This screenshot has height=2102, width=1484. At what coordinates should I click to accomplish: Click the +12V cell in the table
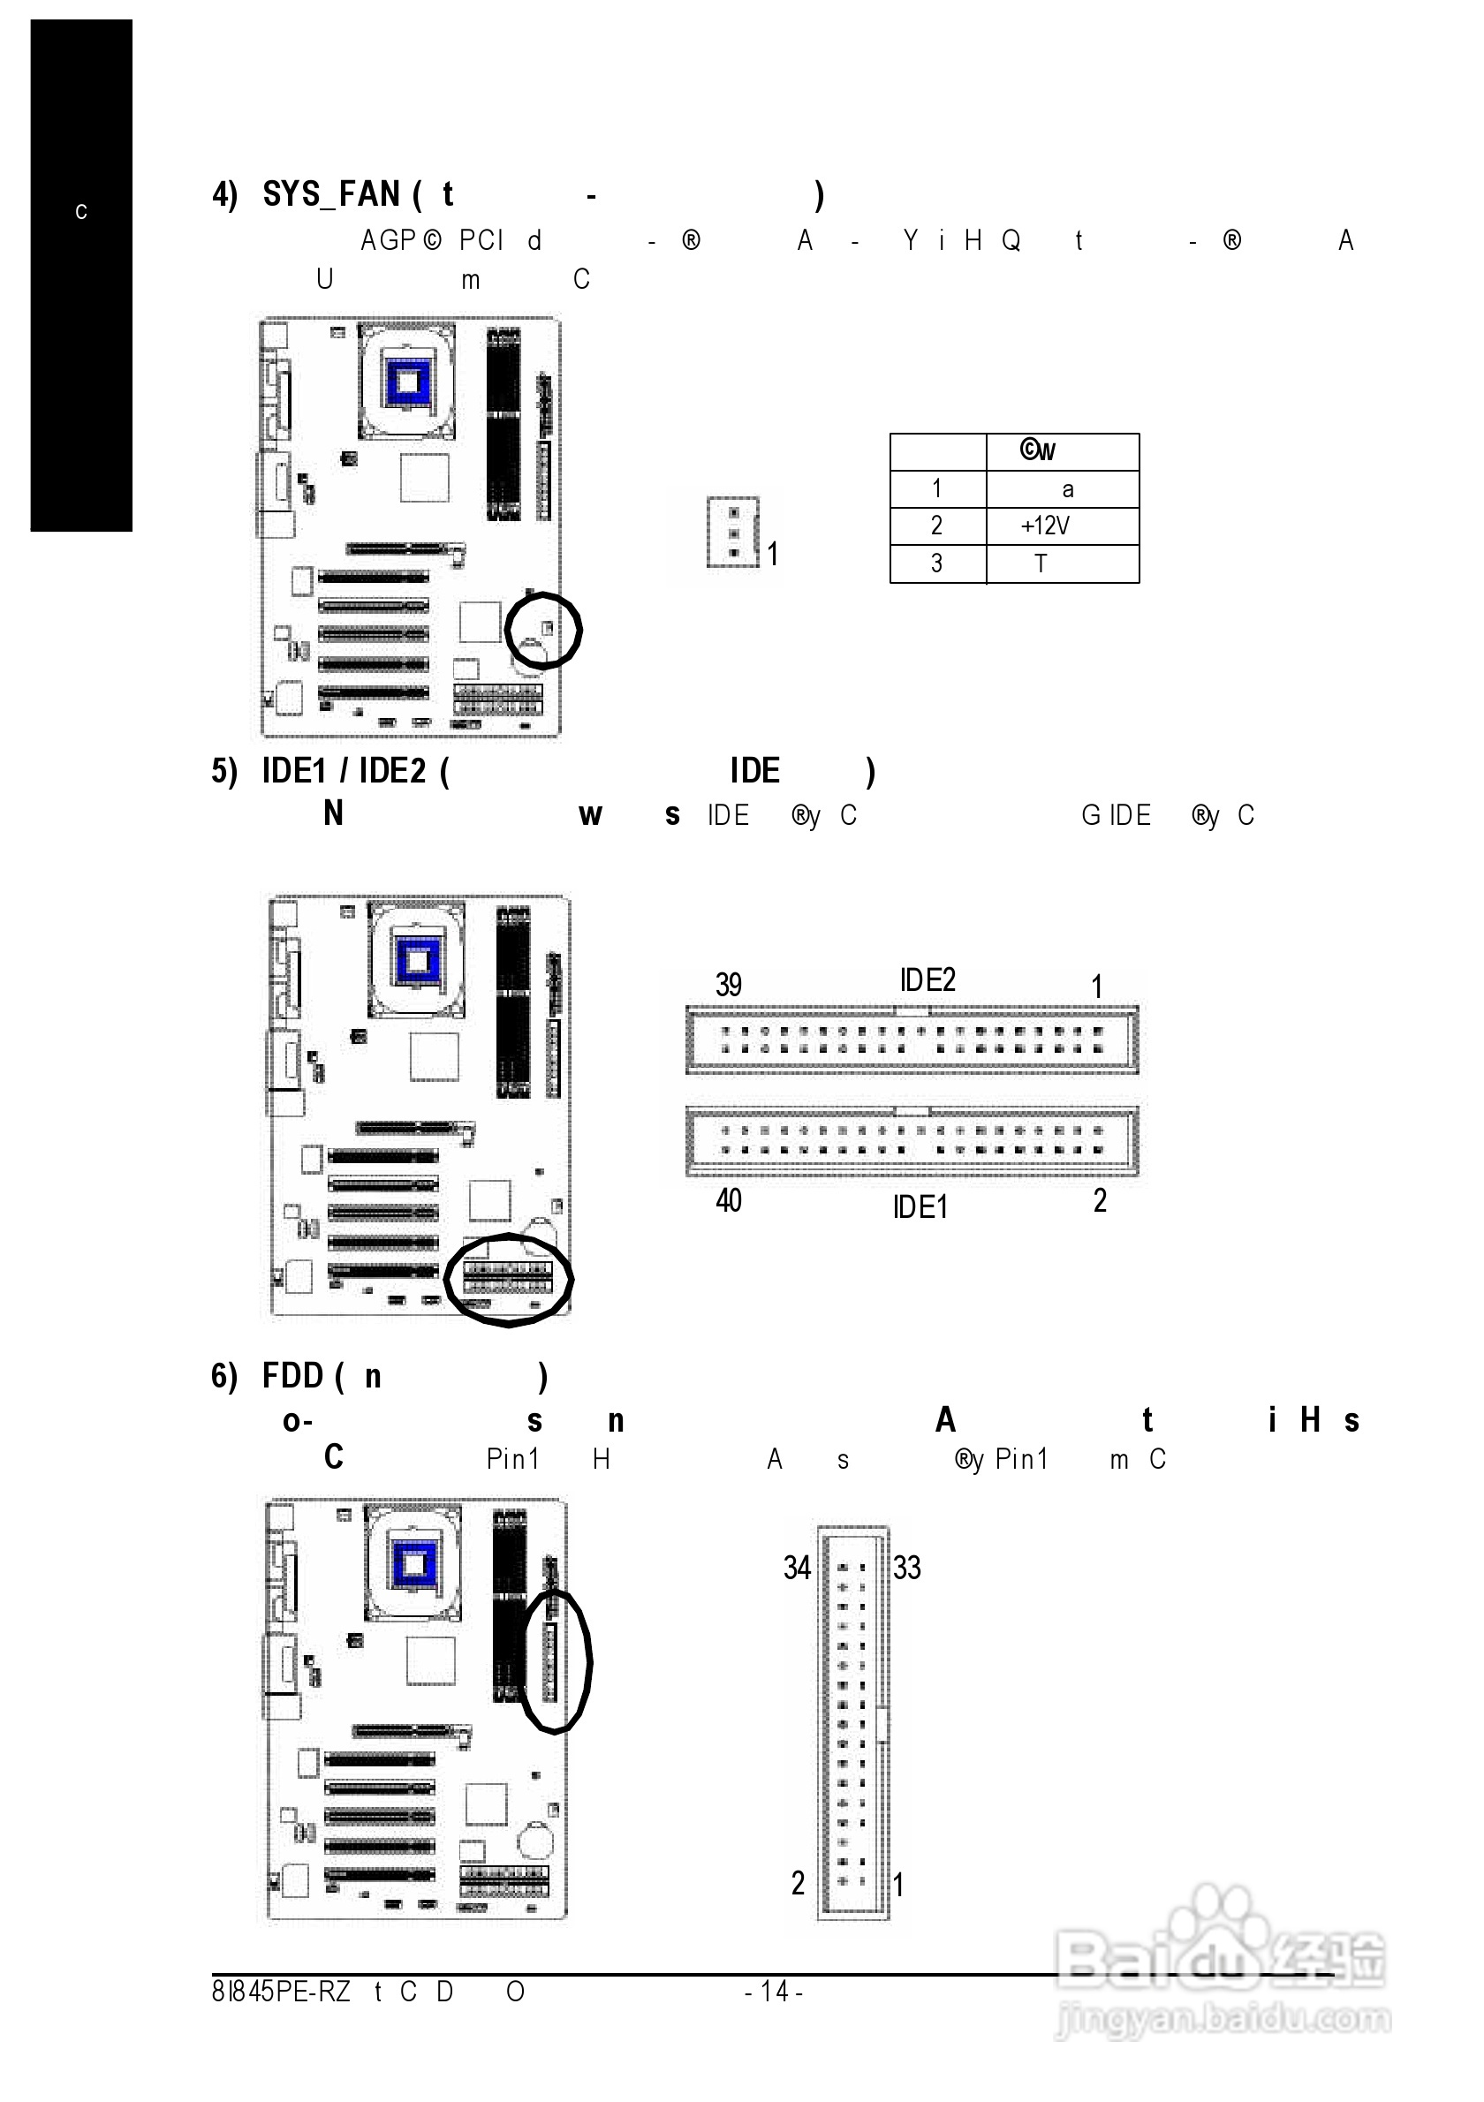[x=1045, y=525]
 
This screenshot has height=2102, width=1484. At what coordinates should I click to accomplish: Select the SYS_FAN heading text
[x=330, y=195]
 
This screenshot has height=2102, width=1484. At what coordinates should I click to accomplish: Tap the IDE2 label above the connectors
[x=927, y=980]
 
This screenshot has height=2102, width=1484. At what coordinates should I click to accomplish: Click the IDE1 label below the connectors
[x=920, y=1207]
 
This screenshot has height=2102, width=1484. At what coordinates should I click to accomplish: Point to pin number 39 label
[x=728, y=985]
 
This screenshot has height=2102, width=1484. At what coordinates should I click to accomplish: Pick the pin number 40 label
[x=728, y=1200]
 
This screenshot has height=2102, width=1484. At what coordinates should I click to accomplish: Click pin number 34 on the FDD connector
[x=797, y=1569]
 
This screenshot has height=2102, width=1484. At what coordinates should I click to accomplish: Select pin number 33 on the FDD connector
[x=906, y=1569]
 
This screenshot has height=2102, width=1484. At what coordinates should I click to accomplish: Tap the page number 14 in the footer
[x=775, y=1992]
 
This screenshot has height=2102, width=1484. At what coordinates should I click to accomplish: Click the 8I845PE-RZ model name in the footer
[x=281, y=1992]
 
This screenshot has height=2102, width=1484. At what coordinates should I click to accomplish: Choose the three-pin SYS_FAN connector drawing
[x=732, y=532]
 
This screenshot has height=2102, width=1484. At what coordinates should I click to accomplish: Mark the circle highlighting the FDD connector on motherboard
[x=556, y=1660]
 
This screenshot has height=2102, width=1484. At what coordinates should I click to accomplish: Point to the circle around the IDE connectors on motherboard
[x=508, y=1279]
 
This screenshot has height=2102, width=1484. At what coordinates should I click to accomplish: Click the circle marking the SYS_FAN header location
[x=543, y=631]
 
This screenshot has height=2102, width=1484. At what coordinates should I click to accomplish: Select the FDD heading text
[x=292, y=1376]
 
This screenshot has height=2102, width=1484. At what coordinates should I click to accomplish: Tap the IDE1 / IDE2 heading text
[x=344, y=772]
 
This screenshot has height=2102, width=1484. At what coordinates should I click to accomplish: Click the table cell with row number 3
[x=936, y=564]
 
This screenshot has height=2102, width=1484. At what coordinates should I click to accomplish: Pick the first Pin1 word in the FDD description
[x=512, y=1459]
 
